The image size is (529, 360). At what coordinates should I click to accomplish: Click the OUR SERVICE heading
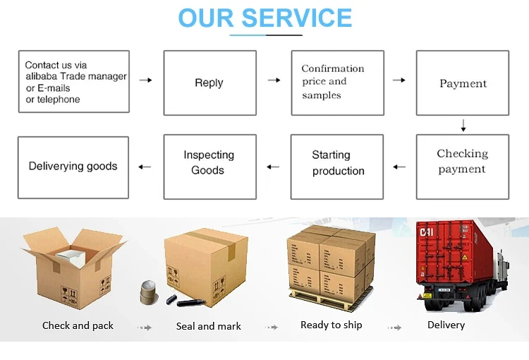coord(264,18)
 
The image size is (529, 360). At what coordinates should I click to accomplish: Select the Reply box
coord(209,83)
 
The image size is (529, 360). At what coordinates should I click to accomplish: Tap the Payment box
coord(463,83)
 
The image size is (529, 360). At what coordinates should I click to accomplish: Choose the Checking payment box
coord(462,162)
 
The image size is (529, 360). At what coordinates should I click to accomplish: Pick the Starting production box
coord(337,163)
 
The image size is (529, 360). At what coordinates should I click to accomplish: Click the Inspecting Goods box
coord(209,162)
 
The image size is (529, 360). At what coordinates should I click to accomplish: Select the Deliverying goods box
coord(73,167)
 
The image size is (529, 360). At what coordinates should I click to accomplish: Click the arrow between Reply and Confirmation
coord(274,80)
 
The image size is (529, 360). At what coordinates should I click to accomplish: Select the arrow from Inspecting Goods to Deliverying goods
coord(145,167)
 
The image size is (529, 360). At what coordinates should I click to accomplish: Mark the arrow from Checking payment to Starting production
coord(399,167)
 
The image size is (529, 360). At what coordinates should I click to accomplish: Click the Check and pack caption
coord(78,325)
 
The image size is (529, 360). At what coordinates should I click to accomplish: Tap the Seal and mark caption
coord(208,326)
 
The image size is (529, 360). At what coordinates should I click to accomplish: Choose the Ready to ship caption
coord(331,325)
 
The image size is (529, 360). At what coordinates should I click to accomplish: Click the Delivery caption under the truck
coord(446,325)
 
